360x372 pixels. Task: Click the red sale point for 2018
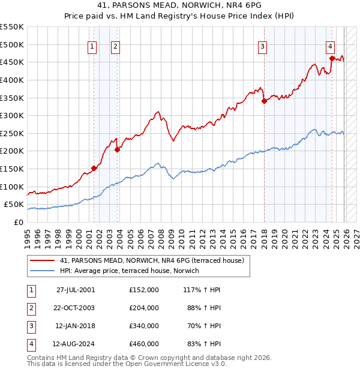pos(264,101)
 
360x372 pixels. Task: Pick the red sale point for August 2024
pos(332,58)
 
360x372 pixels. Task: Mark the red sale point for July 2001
pos(94,168)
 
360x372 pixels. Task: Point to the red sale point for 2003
pos(117,149)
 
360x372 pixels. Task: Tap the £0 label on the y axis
pos(19,222)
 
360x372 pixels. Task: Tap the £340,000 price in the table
pos(144,326)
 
